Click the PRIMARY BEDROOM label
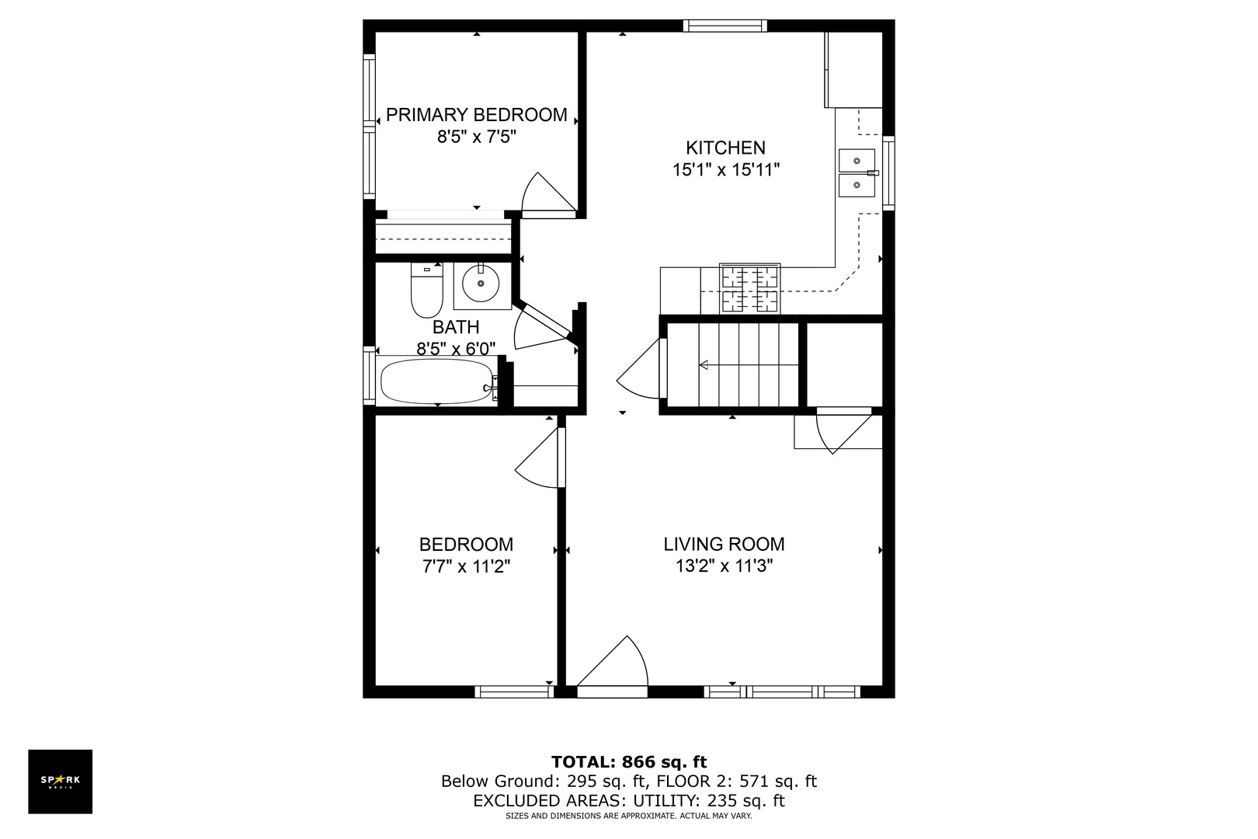pos(476,115)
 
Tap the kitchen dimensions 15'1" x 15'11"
pos(725,170)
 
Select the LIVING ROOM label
pos(724,545)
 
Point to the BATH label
pos(456,327)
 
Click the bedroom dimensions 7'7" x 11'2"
pos(466,567)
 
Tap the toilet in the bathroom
pos(426,291)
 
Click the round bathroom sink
pos(481,284)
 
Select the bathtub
pos(436,381)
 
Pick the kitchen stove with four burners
pos(750,288)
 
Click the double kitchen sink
pos(857,173)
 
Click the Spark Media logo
pos(61,782)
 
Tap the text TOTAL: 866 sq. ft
pos(629,762)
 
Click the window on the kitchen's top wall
pos(725,26)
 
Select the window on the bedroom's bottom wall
pos(513,691)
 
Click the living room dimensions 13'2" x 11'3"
pos(724,567)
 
